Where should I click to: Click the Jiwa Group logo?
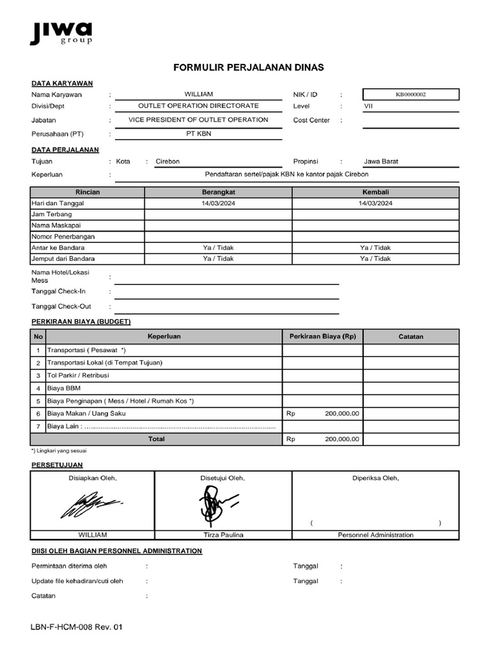pos(61,33)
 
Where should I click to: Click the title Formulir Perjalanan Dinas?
pos(249,67)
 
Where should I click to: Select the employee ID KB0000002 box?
pos(410,95)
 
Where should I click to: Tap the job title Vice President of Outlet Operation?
pos(198,120)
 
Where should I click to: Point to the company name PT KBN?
pos(198,134)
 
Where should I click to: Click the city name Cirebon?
pos(168,162)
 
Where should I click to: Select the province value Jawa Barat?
pos(380,162)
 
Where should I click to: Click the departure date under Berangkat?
pos(218,203)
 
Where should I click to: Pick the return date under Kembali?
pos(375,203)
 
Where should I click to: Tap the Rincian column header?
pos(87,192)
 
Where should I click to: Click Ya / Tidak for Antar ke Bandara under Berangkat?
pos(218,248)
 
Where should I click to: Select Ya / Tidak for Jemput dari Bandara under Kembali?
pos(375,258)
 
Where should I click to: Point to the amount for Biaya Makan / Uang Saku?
pos(341,413)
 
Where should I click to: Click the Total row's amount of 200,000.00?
pos(341,439)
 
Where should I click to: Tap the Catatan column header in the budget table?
pos(410,336)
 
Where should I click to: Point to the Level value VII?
pos(368,106)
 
